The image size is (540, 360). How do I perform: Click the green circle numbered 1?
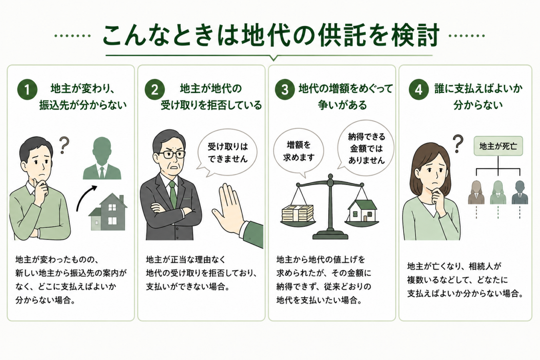point(27,90)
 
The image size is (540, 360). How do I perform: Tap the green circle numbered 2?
point(154,90)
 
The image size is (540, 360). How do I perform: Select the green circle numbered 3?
point(285,90)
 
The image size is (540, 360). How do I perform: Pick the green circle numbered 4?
point(419,90)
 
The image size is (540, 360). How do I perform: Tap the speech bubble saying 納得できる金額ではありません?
point(366,148)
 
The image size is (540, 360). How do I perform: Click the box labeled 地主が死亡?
point(498,146)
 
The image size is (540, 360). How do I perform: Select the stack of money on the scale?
point(298,213)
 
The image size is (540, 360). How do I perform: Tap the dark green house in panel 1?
point(108,212)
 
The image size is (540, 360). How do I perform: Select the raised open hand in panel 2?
point(229,208)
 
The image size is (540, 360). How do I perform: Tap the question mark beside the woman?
point(458,144)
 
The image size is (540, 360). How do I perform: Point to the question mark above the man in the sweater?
point(64,145)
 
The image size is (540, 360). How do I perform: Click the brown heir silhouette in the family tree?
point(476,193)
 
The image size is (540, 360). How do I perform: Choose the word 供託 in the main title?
point(339,36)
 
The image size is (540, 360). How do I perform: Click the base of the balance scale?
point(330,235)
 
